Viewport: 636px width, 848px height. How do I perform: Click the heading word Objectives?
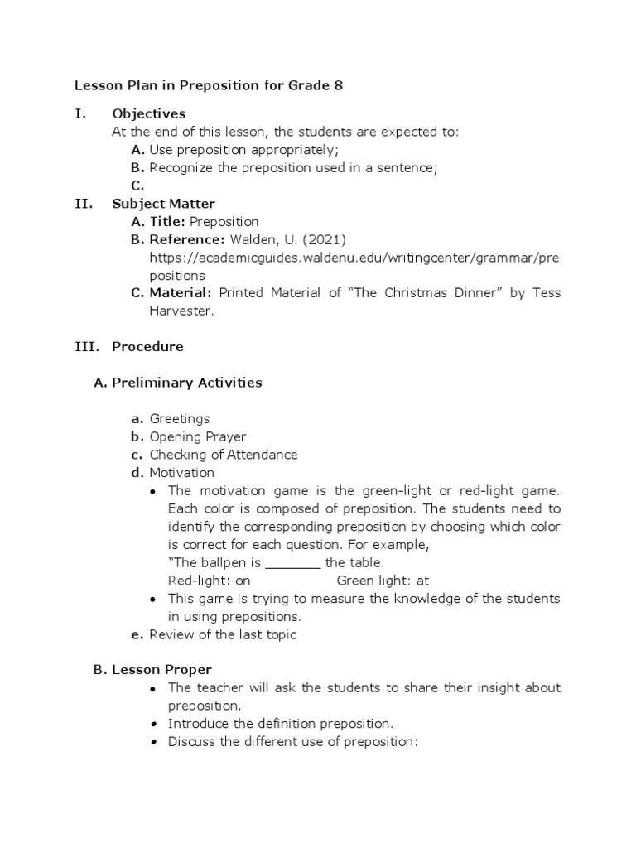point(149,113)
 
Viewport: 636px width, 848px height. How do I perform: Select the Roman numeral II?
point(83,204)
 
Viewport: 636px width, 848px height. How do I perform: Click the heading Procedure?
point(147,346)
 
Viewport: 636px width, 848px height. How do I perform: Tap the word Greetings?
point(180,419)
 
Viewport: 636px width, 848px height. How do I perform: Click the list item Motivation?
point(181,473)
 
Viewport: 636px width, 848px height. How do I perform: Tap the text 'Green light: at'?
point(383,581)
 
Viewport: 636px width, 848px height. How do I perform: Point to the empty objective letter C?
point(138,186)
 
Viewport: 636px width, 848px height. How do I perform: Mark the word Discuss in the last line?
point(190,742)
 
